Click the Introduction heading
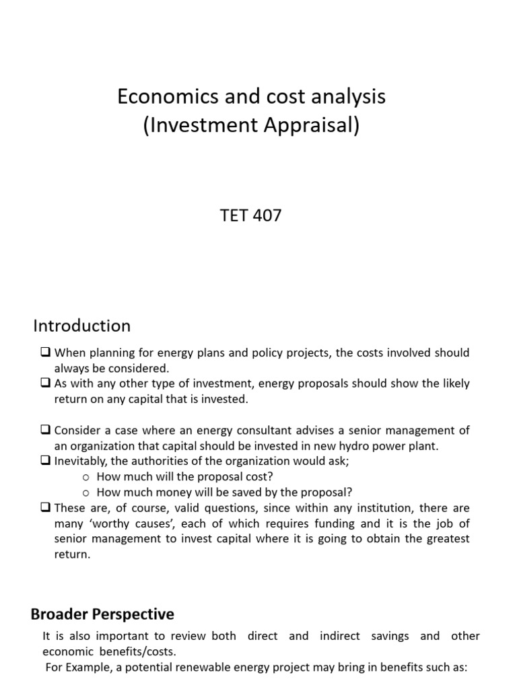pos(82,326)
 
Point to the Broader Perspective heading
pos(102,614)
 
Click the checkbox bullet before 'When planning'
pos(46,353)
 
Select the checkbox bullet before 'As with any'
pos(46,384)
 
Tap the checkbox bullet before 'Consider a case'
pos(46,430)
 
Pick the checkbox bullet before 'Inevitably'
pos(46,461)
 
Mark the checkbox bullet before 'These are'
pos(46,508)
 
